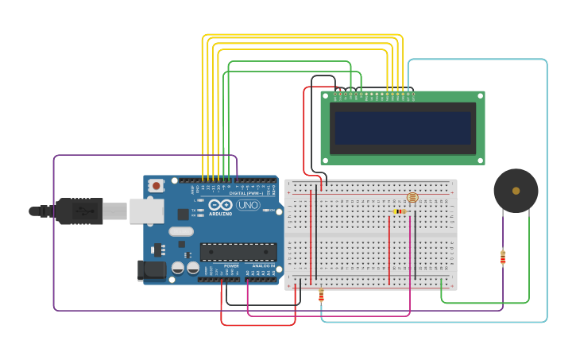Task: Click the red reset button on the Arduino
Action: (x=157, y=186)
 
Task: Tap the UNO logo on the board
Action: (x=248, y=205)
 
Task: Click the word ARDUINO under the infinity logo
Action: (x=220, y=214)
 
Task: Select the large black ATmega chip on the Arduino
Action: (x=238, y=252)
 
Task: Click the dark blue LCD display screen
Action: (x=404, y=128)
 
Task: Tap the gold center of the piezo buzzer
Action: (x=516, y=191)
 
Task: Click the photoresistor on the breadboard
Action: (x=412, y=197)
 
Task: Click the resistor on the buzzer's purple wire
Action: (x=502, y=257)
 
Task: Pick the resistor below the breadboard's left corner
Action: (x=321, y=296)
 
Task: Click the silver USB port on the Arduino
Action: (x=146, y=211)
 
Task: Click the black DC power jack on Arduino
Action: (x=152, y=270)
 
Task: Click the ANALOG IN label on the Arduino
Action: (x=263, y=266)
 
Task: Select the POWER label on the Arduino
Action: (x=231, y=266)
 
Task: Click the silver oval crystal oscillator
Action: (x=180, y=232)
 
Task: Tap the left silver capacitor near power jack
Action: (x=177, y=268)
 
